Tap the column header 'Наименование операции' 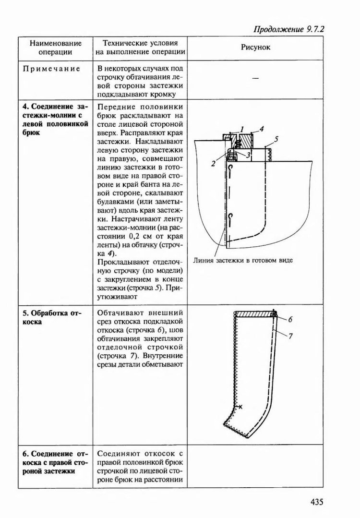coord(52,48)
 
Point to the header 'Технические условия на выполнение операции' coord(139,48)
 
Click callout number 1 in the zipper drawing coord(243,129)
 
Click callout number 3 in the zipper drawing coord(248,155)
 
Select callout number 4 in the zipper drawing coord(262,129)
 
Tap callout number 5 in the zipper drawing coord(277,140)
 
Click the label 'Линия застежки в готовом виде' coord(243,261)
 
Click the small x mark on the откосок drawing coord(240,407)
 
